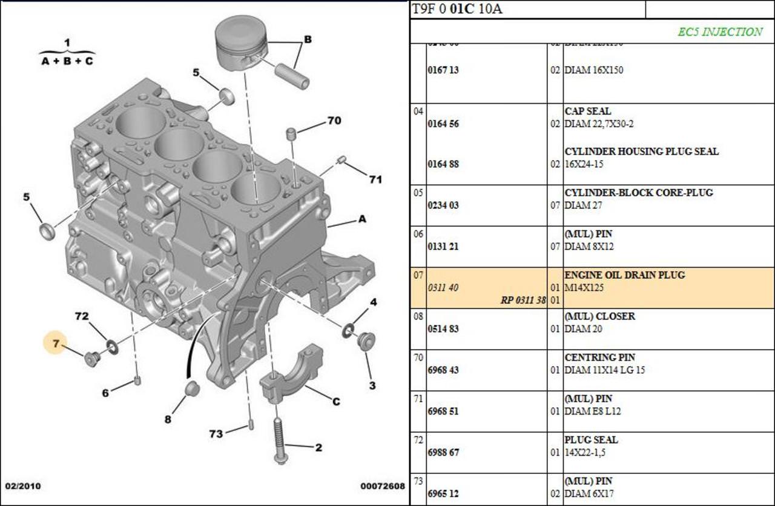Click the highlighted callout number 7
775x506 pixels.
[56, 344]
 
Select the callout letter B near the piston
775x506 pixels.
[308, 39]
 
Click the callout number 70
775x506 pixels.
[334, 121]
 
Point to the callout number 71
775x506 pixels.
[375, 179]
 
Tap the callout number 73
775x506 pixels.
[216, 433]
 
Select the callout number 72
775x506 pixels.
[82, 316]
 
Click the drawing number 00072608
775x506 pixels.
[382, 486]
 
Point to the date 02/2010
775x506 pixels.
[23, 486]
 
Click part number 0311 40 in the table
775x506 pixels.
[443, 288]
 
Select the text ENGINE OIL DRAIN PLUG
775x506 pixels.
[624, 275]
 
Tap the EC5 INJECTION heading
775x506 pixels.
[719, 32]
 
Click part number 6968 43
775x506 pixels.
[443, 370]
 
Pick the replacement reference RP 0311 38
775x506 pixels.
[523, 300]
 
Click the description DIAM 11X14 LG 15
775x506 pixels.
[604, 370]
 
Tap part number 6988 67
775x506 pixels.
[443, 453]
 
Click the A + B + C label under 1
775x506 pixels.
[67, 61]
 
